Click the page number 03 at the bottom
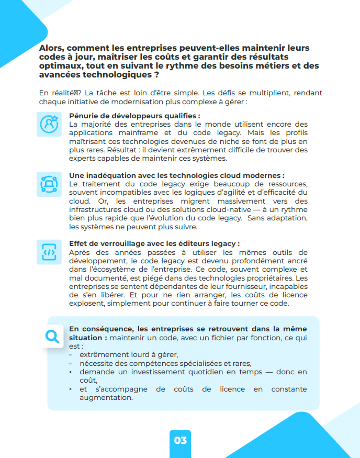(180, 440)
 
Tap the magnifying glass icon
(53, 336)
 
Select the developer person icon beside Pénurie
(49, 124)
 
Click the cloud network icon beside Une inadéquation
(49, 183)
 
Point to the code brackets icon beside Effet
(49, 252)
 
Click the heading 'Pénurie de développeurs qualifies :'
(134, 116)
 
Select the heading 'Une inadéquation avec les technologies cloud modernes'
(176, 176)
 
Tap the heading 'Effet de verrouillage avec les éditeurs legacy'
(154, 243)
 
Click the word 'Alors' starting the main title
(51, 48)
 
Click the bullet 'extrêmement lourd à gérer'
(129, 354)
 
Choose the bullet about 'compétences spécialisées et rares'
(165, 363)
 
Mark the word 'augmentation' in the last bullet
(106, 397)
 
